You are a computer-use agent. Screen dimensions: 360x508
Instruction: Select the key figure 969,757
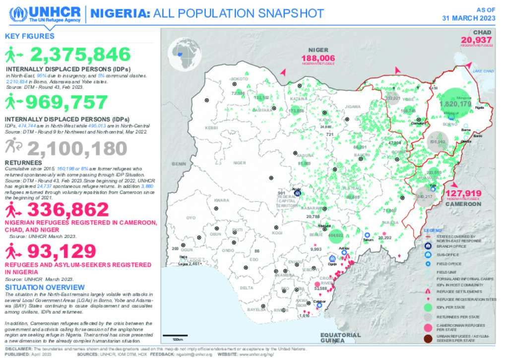pos(66,102)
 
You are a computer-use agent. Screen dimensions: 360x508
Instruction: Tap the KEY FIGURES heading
pos(29,36)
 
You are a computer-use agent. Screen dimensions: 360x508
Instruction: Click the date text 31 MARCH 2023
pos(469,18)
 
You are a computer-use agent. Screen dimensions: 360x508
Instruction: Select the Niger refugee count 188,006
pos(318,58)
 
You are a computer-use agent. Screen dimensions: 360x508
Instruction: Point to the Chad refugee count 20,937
pos(476,40)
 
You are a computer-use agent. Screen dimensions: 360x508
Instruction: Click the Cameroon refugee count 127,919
pos(463,193)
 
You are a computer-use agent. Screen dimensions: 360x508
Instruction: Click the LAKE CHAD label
pos(483,72)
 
